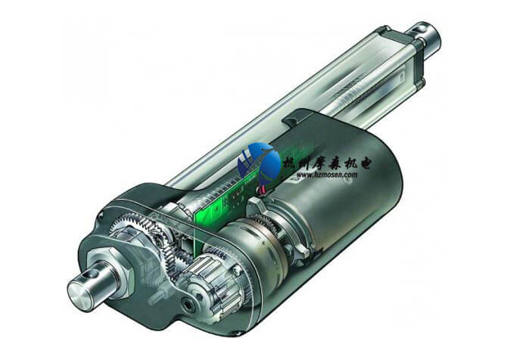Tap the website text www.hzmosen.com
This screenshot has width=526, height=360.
pos(326,175)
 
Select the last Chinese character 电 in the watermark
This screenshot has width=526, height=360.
pos(364,162)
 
